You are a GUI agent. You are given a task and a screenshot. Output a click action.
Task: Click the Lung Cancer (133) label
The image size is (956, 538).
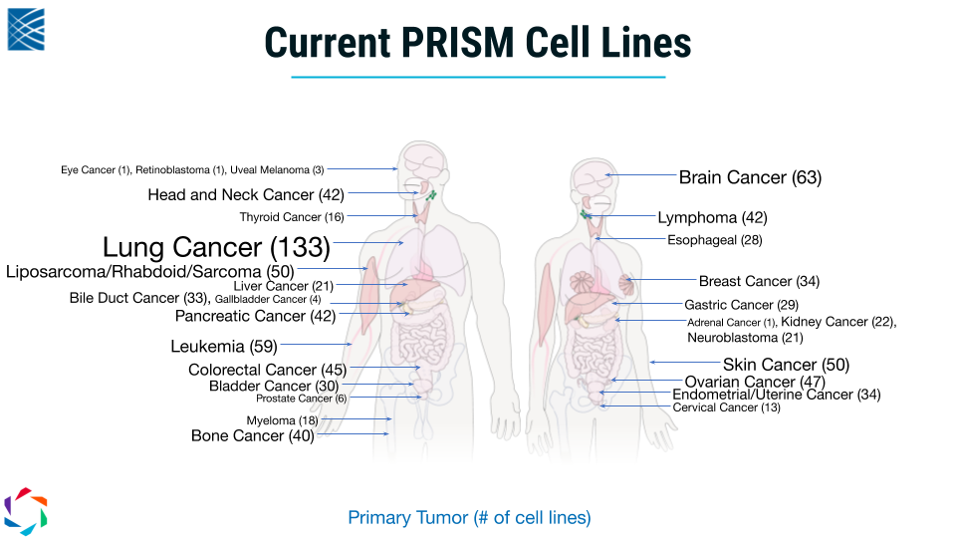(216, 247)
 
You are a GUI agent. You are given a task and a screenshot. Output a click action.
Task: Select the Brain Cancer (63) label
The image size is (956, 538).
(750, 177)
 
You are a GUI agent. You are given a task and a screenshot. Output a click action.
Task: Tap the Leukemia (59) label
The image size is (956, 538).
(224, 347)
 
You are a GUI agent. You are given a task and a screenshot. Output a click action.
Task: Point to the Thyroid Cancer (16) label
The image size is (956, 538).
(292, 217)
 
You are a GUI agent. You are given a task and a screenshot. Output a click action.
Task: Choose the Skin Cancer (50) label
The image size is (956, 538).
(786, 365)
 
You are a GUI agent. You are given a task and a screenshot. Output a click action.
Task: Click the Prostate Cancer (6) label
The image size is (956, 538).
(301, 399)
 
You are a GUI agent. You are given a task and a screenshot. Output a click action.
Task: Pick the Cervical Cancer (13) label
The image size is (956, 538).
(726, 407)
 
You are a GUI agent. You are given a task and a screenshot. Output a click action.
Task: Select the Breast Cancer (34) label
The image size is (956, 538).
(759, 281)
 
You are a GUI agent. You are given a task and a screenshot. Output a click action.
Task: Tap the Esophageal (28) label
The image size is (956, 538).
(715, 240)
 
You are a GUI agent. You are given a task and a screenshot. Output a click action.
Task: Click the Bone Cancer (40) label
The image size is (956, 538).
(252, 435)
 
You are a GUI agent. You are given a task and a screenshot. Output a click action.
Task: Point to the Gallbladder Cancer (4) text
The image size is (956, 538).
(268, 300)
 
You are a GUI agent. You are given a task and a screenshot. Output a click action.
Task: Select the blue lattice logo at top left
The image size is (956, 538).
(26, 29)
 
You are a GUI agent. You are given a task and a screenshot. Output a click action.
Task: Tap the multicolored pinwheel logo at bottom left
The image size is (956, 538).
(26, 511)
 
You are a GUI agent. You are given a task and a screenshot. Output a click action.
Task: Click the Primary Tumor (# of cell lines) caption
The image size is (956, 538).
(469, 517)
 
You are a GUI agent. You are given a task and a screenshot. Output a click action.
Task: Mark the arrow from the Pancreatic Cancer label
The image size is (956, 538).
(373, 314)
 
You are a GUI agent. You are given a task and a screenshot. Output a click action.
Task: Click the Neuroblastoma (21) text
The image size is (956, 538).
(745, 338)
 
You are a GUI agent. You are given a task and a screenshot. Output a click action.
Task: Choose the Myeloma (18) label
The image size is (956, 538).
(282, 420)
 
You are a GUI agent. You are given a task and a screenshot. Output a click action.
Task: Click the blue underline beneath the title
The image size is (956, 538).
(478, 77)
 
